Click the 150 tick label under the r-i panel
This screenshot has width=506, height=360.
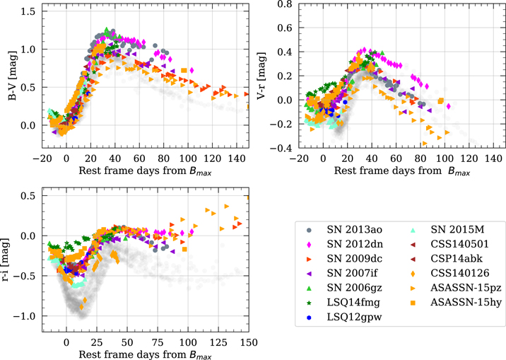click(249, 342)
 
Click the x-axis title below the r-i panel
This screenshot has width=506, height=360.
click(145, 354)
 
